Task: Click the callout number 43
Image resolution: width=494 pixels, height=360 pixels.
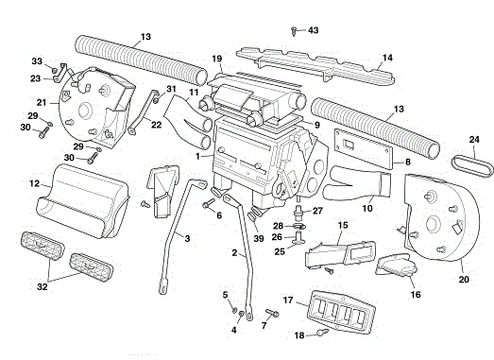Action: click(x=314, y=30)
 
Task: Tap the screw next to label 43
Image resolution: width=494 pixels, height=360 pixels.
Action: click(x=294, y=31)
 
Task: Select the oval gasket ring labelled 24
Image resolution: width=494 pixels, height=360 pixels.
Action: click(x=472, y=164)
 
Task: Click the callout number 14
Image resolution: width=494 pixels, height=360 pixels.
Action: click(x=387, y=58)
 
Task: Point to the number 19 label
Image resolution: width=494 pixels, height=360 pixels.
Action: click(x=216, y=59)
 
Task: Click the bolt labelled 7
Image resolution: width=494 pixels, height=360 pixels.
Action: click(x=273, y=313)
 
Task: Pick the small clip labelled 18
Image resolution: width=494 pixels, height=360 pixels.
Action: click(x=322, y=332)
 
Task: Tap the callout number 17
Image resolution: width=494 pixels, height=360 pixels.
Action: click(x=288, y=300)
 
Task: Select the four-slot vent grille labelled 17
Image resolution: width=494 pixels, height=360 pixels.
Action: click(x=341, y=312)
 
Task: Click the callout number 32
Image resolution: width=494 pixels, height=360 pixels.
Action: click(x=43, y=286)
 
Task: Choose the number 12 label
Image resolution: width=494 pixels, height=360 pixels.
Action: click(x=34, y=183)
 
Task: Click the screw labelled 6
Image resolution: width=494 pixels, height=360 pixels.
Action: click(x=208, y=203)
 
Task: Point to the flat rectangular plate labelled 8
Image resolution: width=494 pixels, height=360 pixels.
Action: click(x=364, y=147)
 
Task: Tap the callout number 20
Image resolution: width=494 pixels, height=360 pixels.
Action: click(x=464, y=280)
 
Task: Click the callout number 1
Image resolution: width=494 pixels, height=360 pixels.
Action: click(x=197, y=156)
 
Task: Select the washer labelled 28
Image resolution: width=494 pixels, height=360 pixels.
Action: click(x=299, y=226)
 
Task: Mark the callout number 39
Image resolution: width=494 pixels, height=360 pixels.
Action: click(x=259, y=239)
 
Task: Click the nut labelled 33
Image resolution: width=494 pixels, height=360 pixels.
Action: click(x=55, y=69)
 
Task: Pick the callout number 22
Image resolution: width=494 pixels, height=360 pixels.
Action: click(x=156, y=125)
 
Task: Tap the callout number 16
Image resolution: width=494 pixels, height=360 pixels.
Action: click(x=416, y=295)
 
